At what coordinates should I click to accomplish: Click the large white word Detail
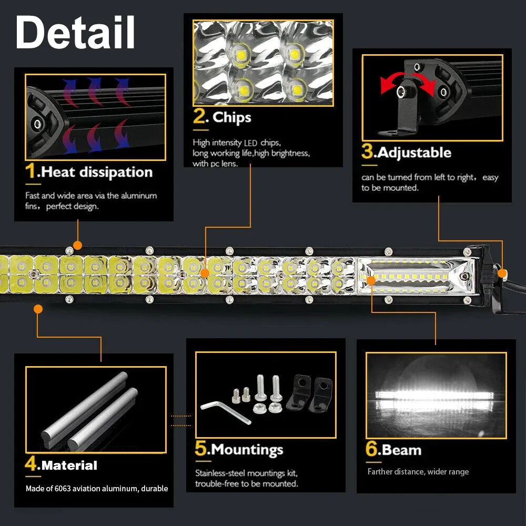click(x=75, y=33)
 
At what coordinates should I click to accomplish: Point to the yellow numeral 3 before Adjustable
click(x=367, y=152)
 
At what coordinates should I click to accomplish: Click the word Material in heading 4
click(x=69, y=466)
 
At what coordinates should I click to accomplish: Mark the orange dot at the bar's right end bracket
click(x=502, y=273)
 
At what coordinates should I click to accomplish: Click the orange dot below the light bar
click(x=38, y=309)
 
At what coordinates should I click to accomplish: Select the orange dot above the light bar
click(x=78, y=245)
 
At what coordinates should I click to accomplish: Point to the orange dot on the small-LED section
click(x=371, y=280)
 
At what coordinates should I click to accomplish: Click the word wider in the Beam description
click(x=433, y=472)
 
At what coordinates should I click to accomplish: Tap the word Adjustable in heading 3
click(x=414, y=153)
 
